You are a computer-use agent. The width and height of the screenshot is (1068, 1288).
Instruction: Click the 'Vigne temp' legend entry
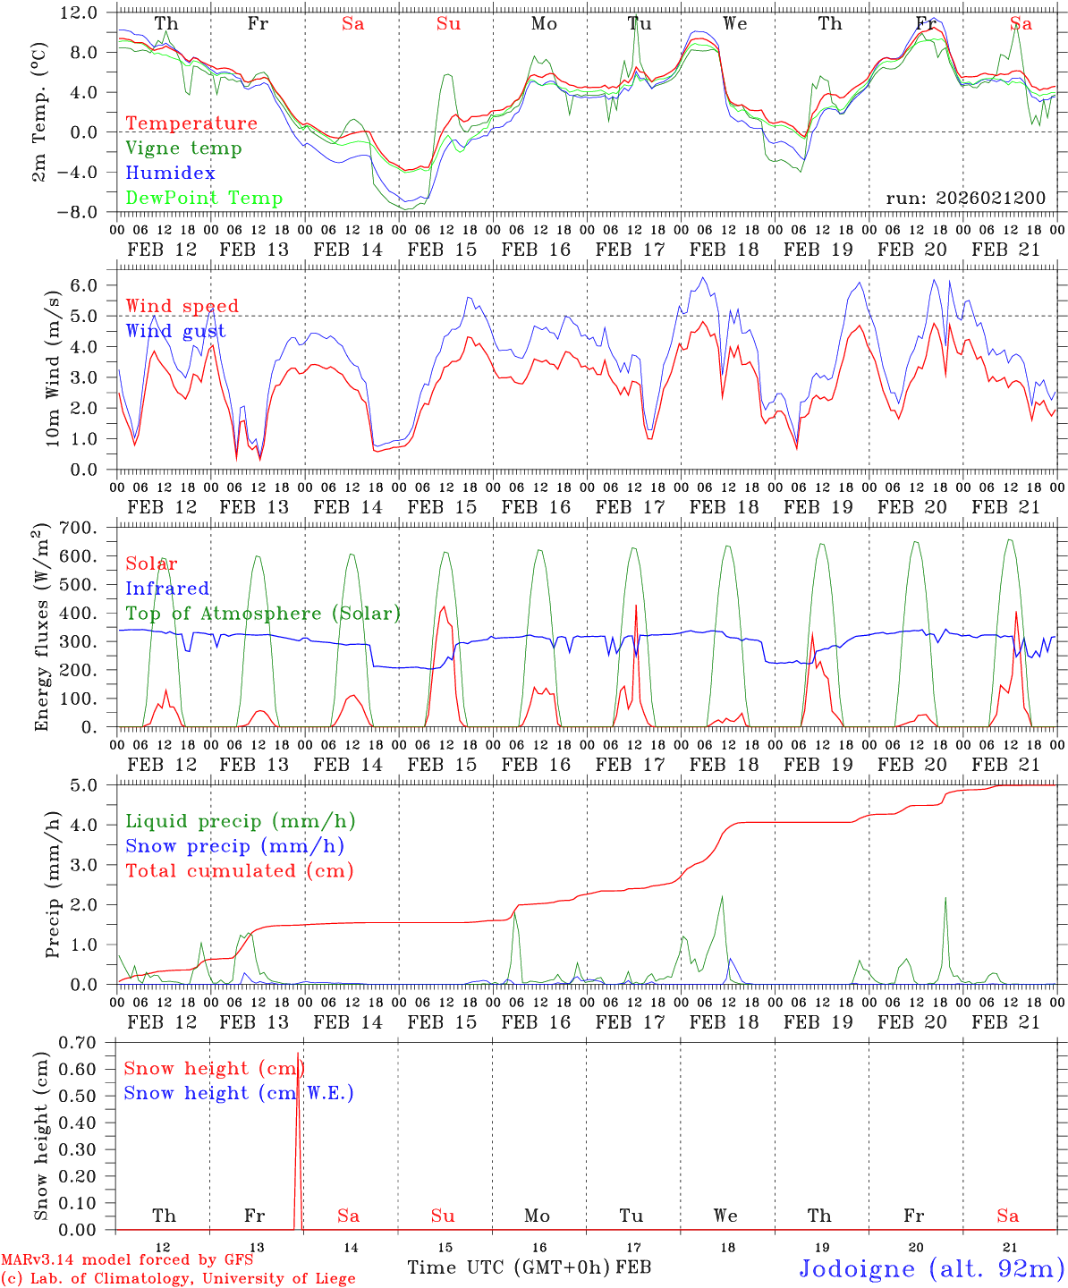(183, 148)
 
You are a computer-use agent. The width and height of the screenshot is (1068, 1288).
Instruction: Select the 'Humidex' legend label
(170, 174)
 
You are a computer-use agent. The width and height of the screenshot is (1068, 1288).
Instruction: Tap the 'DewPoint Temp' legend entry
(204, 199)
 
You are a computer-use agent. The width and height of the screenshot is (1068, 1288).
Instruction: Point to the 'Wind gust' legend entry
(175, 331)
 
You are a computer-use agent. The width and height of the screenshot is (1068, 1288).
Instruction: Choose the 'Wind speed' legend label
(182, 306)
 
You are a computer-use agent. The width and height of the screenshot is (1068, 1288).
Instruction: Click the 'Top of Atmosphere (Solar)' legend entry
(263, 614)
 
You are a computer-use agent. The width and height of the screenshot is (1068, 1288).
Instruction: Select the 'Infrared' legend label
(167, 589)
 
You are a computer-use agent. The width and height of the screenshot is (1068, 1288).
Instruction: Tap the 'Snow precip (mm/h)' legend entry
(234, 846)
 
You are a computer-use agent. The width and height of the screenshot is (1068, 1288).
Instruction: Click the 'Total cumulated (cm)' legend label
(240, 871)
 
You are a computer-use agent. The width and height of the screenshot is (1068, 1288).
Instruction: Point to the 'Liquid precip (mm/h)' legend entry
(240, 821)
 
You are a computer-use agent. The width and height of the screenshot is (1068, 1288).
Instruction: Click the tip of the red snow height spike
(298, 1054)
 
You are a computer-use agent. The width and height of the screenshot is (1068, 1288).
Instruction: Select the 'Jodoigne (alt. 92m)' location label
(930, 1268)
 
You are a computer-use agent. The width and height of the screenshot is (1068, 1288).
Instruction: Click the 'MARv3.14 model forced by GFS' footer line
(127, 1260)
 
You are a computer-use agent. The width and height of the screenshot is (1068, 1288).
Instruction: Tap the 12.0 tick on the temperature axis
(80, 13)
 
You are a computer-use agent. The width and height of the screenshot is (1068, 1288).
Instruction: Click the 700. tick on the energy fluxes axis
(78, 528)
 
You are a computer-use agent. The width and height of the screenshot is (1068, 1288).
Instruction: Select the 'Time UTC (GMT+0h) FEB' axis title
(529, 1267)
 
